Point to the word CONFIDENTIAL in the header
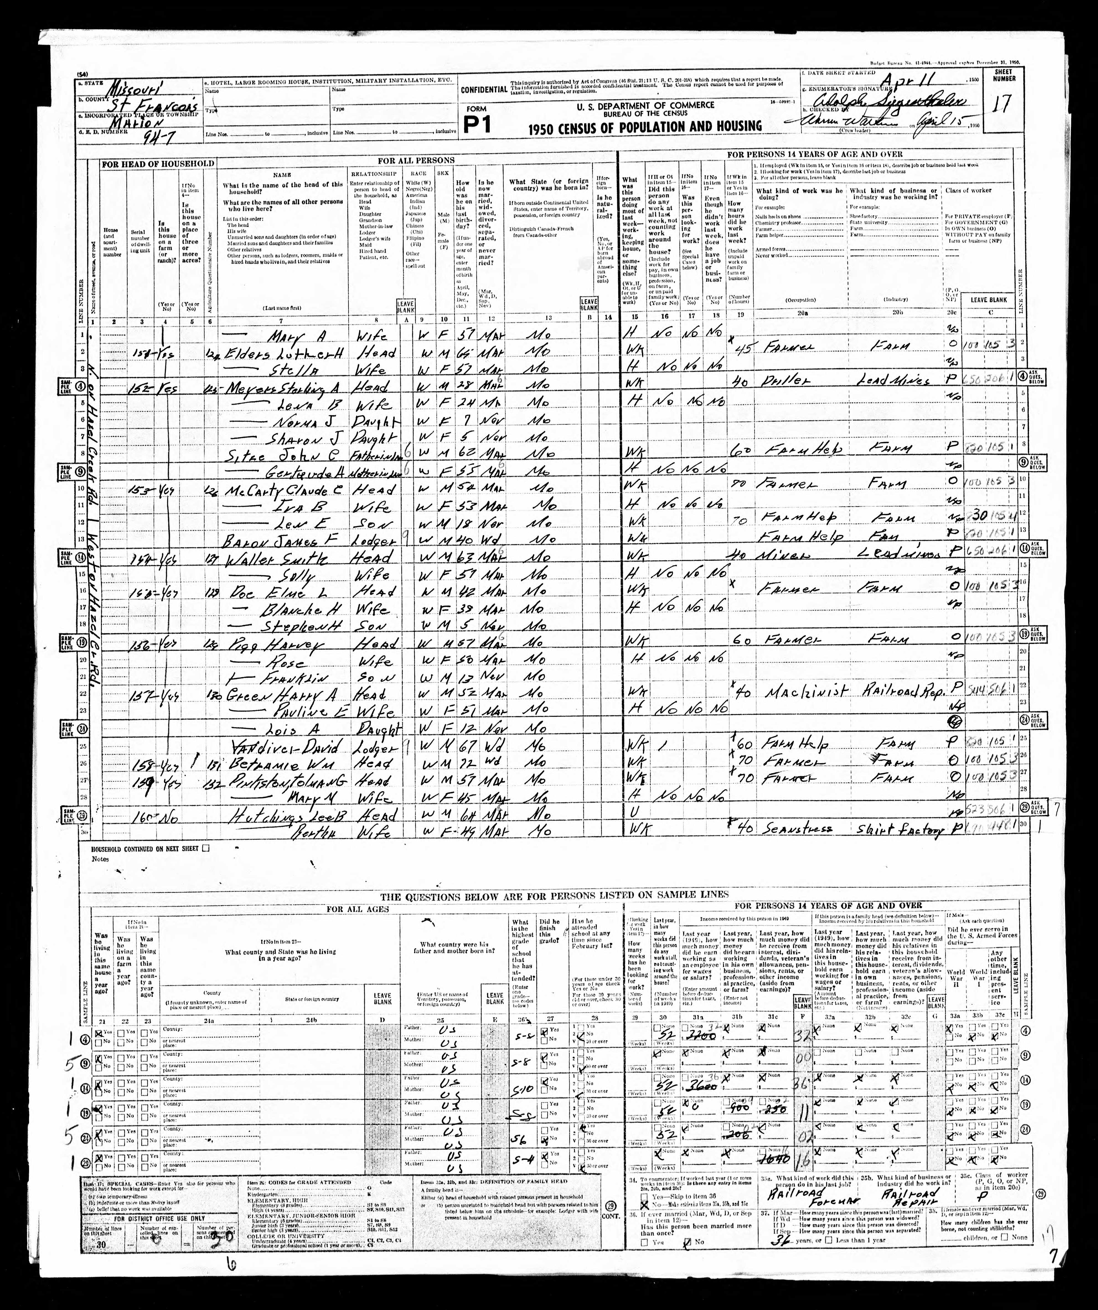tap(484, 90)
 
